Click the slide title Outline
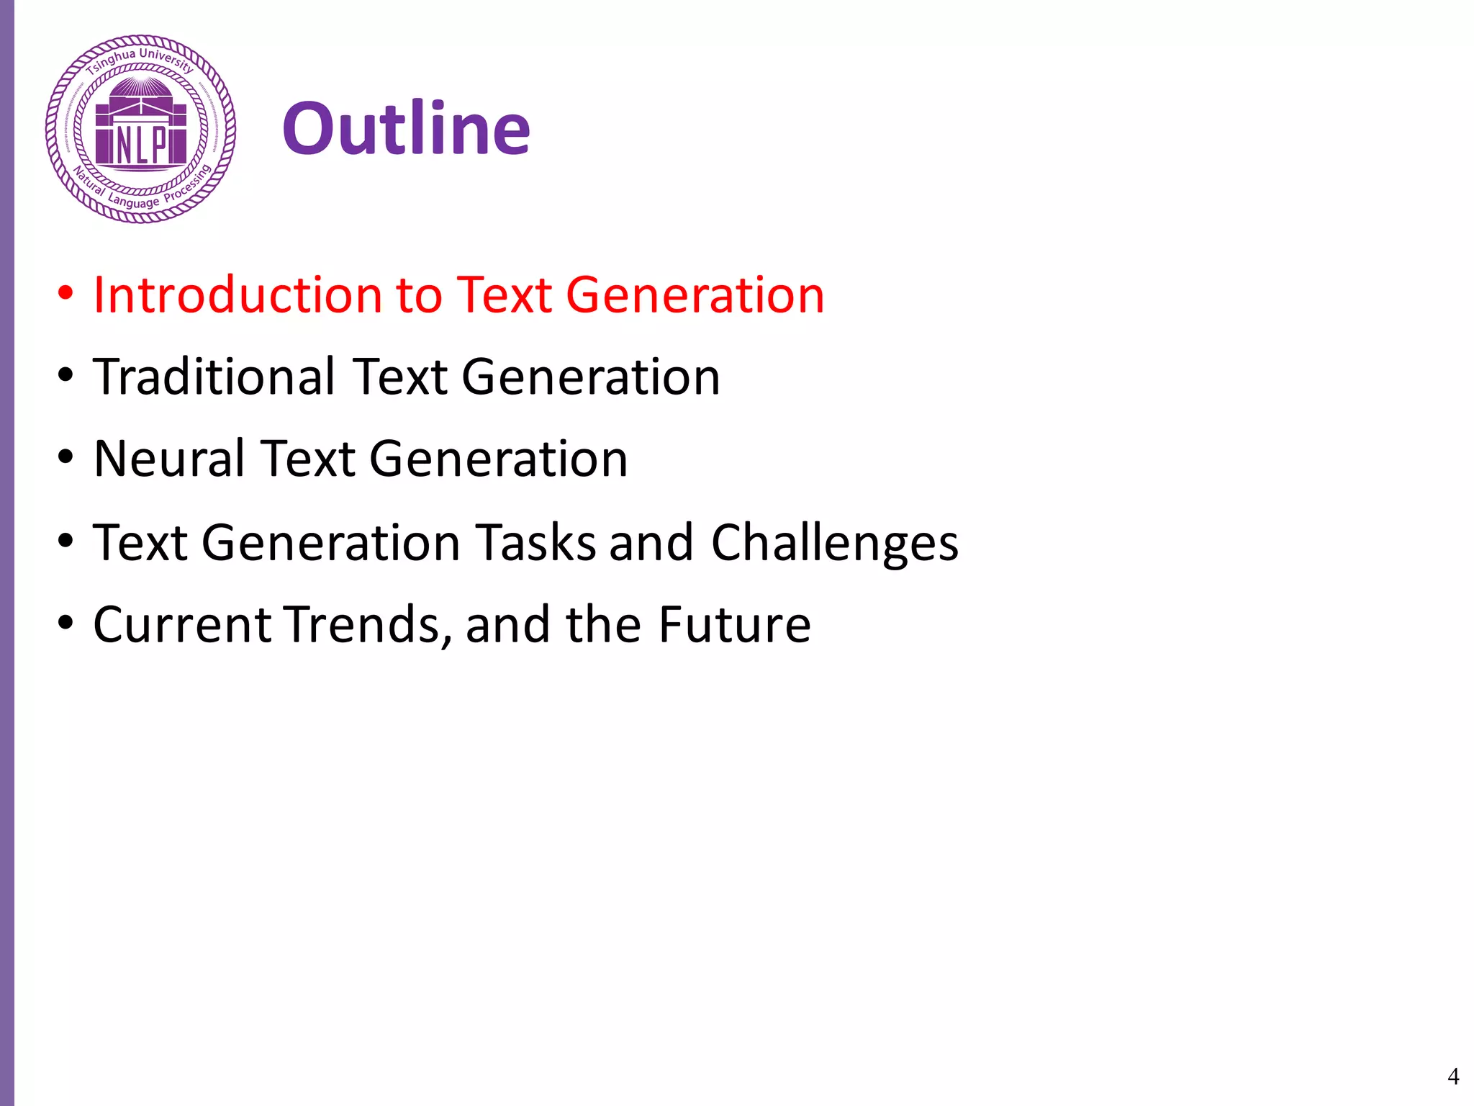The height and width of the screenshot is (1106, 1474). (x=407, y=130)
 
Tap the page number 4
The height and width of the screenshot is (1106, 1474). (x=1452, y=1076)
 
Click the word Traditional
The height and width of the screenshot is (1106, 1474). (x=214, y=377)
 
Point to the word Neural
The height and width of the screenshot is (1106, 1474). (x=168, y=459)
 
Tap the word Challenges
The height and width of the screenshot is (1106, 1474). (x=835, y=543)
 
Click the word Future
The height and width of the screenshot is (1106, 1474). (x=735, y=624)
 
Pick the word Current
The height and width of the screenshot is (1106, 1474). (x=183, y=624)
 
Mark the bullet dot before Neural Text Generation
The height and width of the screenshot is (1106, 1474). (x=65, y=458)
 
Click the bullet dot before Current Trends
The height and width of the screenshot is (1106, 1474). (x=65, y=623)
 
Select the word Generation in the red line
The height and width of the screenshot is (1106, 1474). (x=695, y=295)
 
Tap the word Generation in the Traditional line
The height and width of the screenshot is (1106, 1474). (x=590, y=377)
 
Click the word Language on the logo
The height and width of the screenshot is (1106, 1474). (x=133, y=202)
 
